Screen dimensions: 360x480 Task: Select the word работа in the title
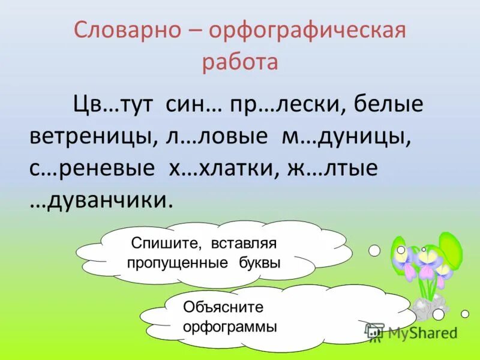[240, 63]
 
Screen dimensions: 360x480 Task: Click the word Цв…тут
[112, 106]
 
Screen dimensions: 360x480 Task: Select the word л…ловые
[218, 137]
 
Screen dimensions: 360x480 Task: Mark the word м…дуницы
[347, 137]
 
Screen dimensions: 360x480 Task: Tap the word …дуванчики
[101, 200]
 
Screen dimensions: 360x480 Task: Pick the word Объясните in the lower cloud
[224, 308]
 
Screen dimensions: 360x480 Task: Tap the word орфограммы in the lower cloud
[230, 327]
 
